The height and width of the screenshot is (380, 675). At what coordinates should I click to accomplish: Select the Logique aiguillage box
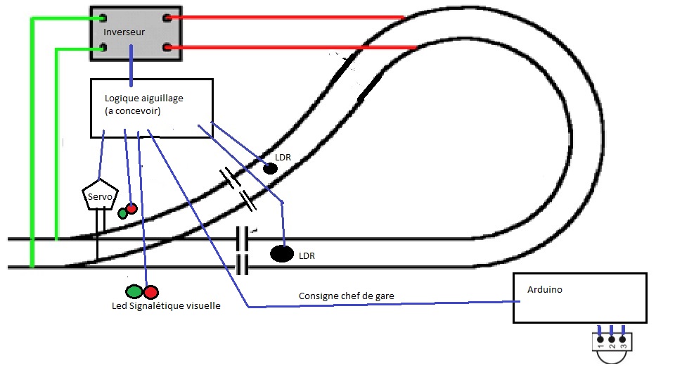(151, 107)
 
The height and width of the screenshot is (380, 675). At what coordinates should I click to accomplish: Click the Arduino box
(579, 298)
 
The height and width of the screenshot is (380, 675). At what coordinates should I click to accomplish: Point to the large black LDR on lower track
(282, 253)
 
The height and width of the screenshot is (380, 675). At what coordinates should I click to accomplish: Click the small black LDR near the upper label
(269, 168)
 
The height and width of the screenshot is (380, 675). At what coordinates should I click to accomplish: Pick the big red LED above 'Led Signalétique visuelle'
(151, 291)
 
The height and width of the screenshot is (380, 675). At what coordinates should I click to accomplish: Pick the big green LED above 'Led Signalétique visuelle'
(134, 291)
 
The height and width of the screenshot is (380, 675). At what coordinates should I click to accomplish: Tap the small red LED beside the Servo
(131, 208)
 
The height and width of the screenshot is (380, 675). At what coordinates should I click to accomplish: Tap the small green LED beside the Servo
(122, 213)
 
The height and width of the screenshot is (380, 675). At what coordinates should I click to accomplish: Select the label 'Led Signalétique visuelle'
(166, 306)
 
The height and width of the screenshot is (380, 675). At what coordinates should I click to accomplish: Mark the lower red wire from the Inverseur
(288, 48)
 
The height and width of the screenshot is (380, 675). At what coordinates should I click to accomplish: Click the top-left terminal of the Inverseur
(103, 18)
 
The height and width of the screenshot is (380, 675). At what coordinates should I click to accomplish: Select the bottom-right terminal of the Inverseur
(167, 48)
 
